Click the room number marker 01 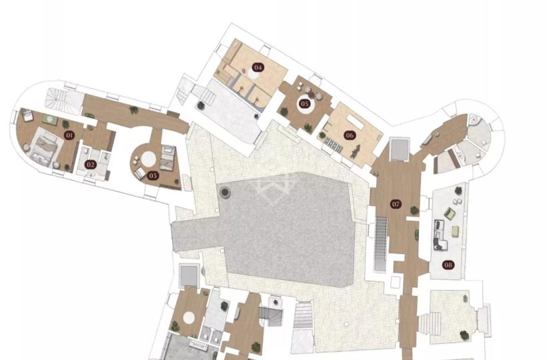coord(69,135)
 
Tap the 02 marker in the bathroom coord(90,164)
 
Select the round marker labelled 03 coord(153,175)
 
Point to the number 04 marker coord(257,67)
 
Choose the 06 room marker coord(349,135)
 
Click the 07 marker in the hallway coord(396,204)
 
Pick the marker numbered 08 coord(448,265)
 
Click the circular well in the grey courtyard coord(225,192)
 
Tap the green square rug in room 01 coord(50,119)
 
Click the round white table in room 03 coord(149,159)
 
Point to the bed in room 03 coord(167,159)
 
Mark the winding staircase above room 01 coord(56,98)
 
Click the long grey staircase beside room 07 coord(381,243)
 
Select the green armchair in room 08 coord(449,213)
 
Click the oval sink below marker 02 coord(91,175)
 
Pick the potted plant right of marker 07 coord(414,211)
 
